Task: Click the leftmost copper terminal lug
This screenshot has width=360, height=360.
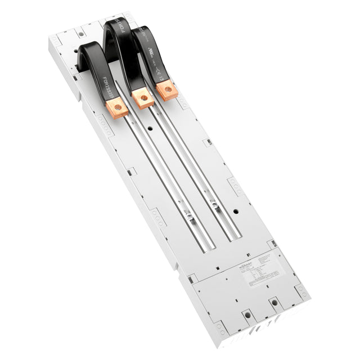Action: [116, 107]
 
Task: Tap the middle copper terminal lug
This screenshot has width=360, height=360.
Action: [142, 98]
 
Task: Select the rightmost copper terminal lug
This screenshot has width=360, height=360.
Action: [166, 89]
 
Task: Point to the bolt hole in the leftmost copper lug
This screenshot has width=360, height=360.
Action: [117, 107]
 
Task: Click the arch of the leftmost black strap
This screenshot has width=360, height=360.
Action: [90, 49]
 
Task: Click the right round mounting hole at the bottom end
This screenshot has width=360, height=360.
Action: [274, 303]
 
